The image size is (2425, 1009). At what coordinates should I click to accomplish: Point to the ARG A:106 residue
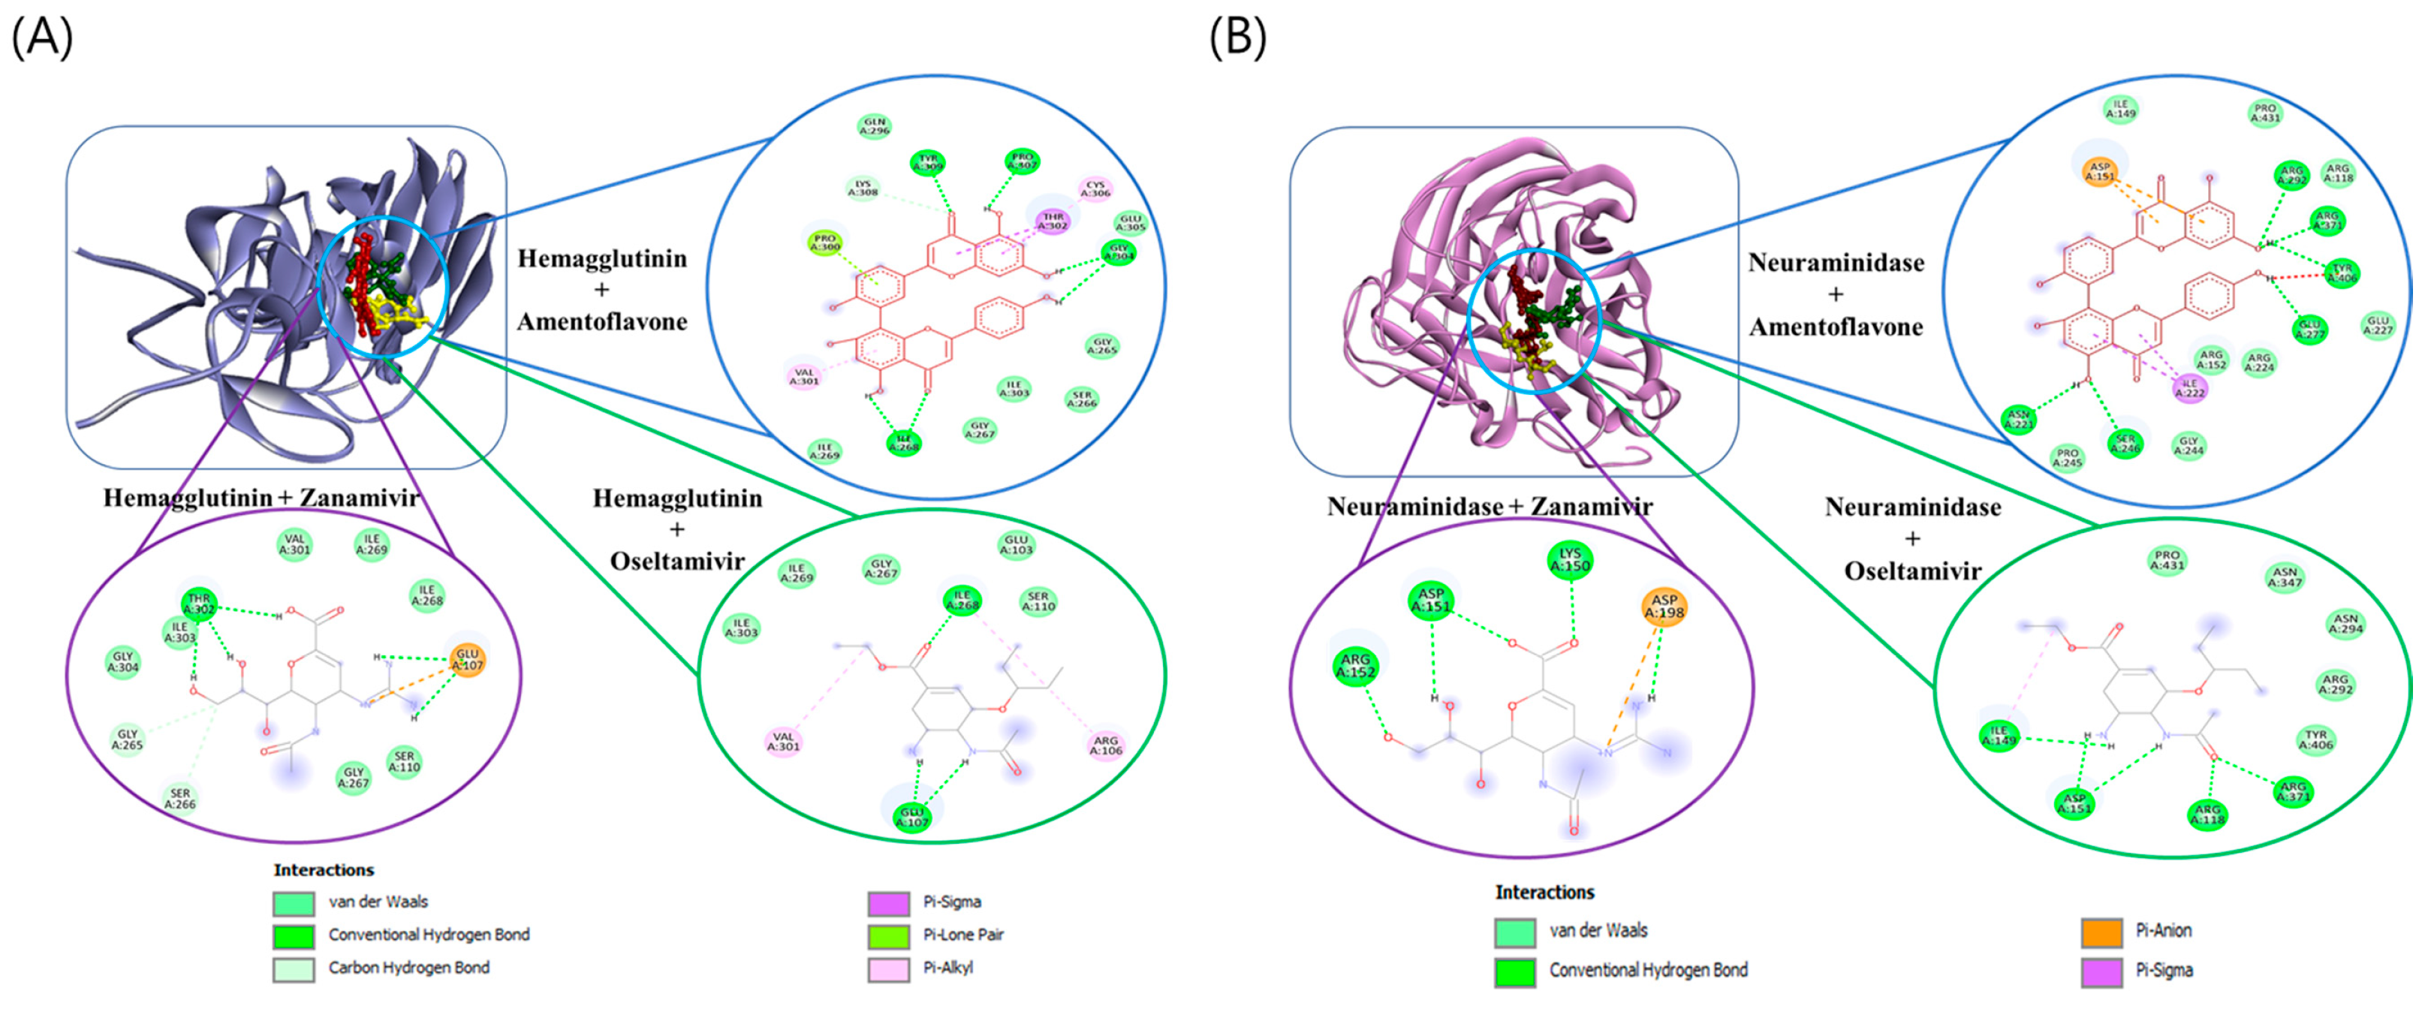point(1105,745)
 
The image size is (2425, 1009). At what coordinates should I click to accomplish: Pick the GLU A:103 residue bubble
point(1016,545)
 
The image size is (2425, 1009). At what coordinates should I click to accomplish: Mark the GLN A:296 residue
point(875,126)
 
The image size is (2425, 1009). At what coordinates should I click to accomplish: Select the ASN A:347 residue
point(2285,577)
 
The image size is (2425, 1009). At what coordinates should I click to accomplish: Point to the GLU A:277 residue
point(2310,330)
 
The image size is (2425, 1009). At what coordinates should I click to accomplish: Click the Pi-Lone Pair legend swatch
point(887,935)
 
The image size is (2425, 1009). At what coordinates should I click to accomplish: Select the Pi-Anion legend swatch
point(2101,932)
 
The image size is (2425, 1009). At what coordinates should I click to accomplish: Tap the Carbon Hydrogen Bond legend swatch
point(293,968)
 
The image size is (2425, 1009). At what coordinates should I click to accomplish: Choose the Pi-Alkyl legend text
point(947,968)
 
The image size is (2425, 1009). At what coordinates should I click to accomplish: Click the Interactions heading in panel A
point(323,869)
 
